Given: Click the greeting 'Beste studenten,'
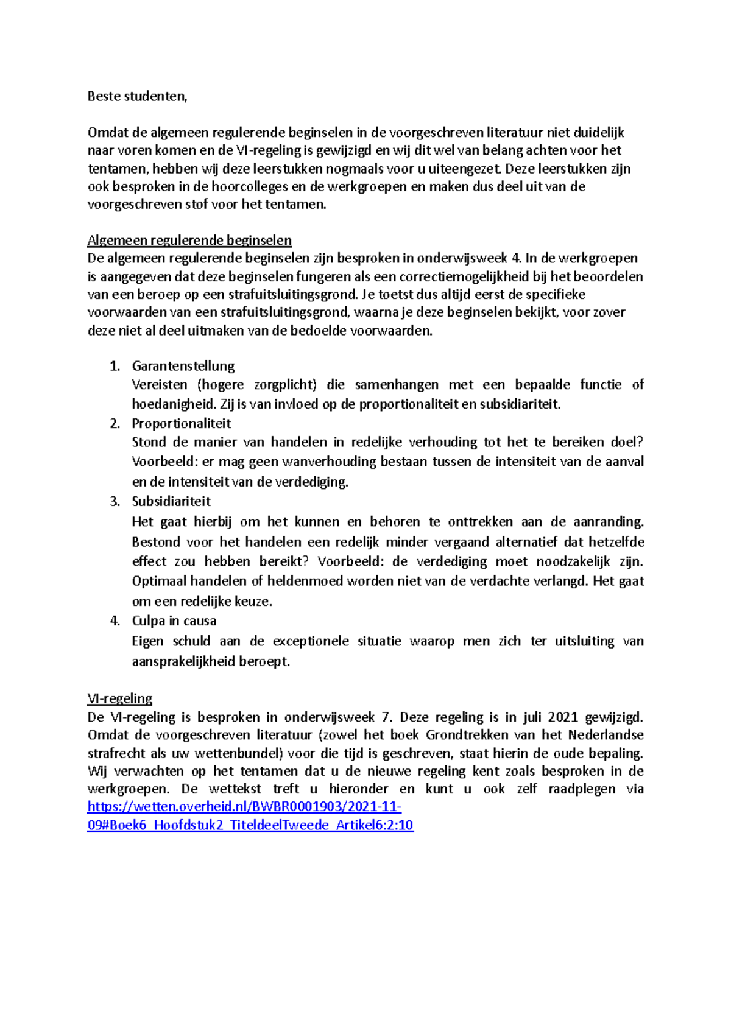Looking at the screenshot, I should click(x=137, y=96).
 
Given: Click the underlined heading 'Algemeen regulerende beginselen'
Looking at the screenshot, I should click(x=189, y=240).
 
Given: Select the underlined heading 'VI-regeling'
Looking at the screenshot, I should click(x=120, y=698).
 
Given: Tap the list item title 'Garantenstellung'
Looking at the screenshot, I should click(x=183, y=366).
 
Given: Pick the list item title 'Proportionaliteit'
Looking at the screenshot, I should click(x=182, y=423).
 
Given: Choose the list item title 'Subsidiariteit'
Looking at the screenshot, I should click(x=171, y=501).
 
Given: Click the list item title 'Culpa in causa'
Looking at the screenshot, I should click(x=174, y=621).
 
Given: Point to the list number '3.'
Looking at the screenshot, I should click(x=115, y=501).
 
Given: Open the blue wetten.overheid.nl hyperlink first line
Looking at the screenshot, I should click(x=244, y=807).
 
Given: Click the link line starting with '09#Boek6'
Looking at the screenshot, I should click(x=250, y=825).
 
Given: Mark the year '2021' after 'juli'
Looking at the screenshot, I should click(x=563, y=717).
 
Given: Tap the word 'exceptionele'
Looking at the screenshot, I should click(x=311, y=641).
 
